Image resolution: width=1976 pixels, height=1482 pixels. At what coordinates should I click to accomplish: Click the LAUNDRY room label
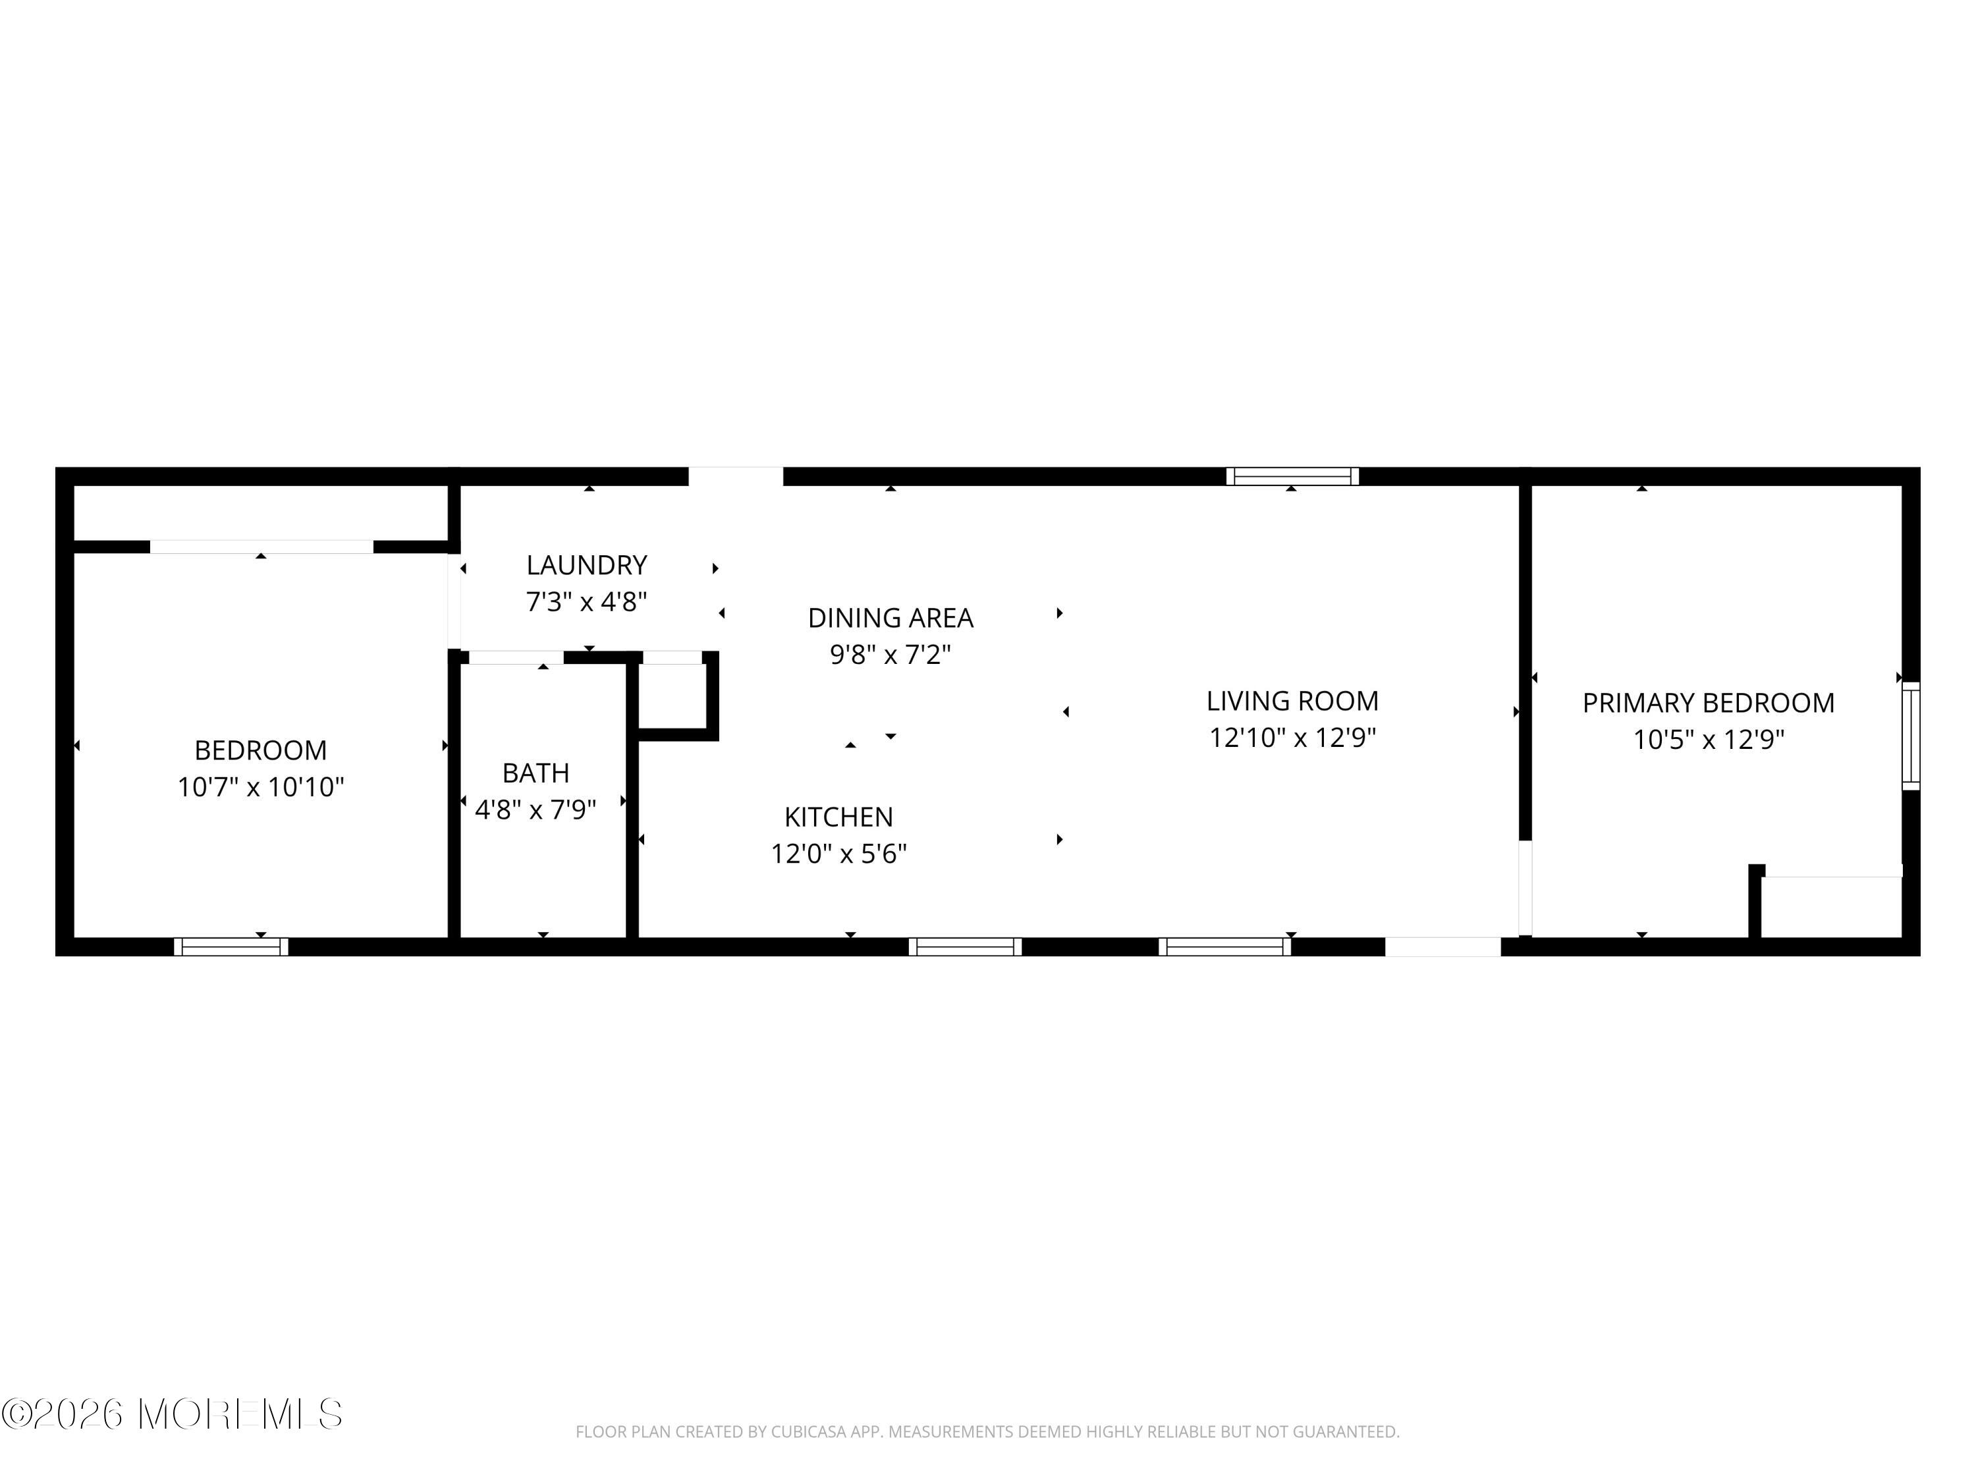pos(586,564)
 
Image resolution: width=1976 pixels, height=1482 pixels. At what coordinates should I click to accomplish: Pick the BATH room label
pos(535,772)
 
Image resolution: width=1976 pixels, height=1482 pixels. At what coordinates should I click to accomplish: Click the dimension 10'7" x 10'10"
pos(260,787)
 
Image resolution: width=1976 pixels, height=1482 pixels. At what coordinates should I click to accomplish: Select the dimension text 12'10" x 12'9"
pos(1292,738)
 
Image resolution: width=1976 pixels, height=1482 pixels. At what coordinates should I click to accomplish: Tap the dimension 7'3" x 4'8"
pos(586,602)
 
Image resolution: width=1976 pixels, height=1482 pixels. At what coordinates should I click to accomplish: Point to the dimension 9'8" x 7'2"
pos(890,655)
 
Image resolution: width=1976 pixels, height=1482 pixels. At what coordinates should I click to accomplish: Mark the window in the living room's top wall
pos(1292,476)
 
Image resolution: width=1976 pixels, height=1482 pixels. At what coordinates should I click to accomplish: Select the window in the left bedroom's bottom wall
pos(231,947)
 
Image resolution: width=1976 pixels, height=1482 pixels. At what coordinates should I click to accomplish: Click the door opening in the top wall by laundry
pos(735,476)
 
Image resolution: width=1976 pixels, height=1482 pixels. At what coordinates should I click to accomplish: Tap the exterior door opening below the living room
pos(1442,947)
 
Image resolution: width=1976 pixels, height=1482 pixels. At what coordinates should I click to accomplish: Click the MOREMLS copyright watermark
pos(171,1414)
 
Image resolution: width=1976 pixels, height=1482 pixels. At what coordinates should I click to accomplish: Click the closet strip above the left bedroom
pos(259,512)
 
